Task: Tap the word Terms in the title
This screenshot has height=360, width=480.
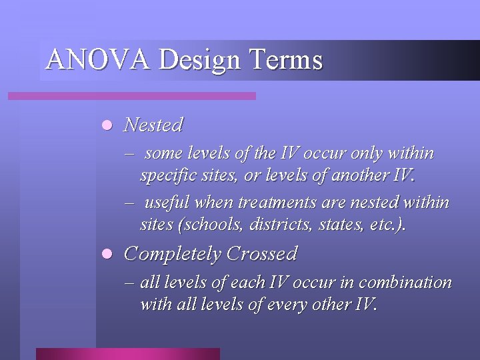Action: coord(285,60)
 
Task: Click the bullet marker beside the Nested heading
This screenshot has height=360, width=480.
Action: coord(106,125)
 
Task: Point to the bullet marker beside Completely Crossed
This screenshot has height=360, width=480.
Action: coord(106,255)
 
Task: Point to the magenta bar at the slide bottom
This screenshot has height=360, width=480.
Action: coord(127,353)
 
